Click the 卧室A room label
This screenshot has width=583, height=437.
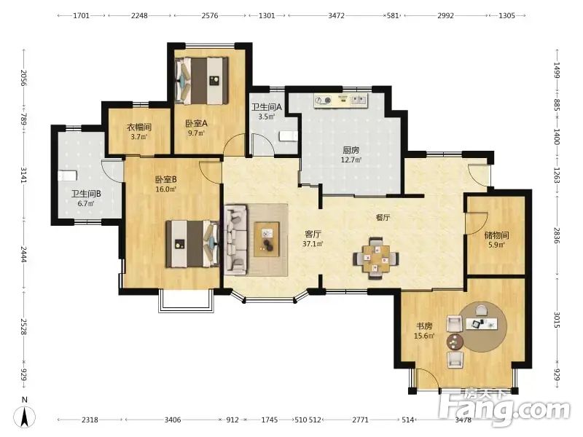[x=196, y=127]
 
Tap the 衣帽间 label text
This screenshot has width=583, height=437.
[x=139, y=127]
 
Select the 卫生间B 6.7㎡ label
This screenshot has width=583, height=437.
[x=86, y=198]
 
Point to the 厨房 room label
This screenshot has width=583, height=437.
[x=351, y=150]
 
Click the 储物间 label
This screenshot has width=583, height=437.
[x=496, y=235]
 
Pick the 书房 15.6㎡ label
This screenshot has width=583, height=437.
[x=424, y=331]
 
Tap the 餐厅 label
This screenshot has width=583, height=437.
[x=383, y=217]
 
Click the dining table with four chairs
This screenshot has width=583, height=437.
[x=376, y=258]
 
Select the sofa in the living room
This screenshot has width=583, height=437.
[x=235, y=240]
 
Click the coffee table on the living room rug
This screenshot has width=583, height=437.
[x=267, y=240]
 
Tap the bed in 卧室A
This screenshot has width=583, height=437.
[x=202, y=81]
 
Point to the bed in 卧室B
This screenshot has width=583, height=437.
[x=192, y=244]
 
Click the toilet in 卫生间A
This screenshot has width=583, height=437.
[x=289, y=135]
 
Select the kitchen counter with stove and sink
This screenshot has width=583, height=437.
[x=340, y=101]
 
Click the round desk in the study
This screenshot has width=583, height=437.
[x=482, y=326]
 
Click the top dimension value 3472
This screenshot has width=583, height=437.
[x=336, y=15]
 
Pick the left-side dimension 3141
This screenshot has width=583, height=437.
[x=24, y=175]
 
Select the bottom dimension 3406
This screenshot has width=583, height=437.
[x=173, y=420]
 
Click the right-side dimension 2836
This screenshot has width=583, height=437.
[x=557, y=235]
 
